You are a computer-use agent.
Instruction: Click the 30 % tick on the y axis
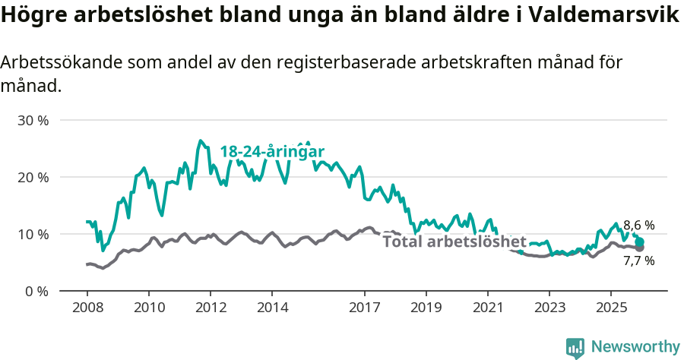click(x=33, y=120)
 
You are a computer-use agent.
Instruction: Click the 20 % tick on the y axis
click(x=33, y=177)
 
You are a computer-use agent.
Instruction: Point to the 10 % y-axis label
click(x=33, y=234)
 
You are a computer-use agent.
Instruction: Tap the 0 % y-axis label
click(x=36, y=291)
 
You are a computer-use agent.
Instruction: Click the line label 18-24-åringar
click(x=272, y=151)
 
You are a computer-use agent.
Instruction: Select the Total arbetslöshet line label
click(x=454, y=242)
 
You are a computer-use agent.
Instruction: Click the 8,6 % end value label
click(x=638, y=225)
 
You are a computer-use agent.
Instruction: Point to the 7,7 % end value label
click(x=638, y=261)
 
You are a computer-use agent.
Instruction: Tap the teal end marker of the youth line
click(x=639, y=242)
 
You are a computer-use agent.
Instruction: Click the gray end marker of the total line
click(x=639, y=248)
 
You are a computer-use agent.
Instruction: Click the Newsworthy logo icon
click(x=575, y=347)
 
